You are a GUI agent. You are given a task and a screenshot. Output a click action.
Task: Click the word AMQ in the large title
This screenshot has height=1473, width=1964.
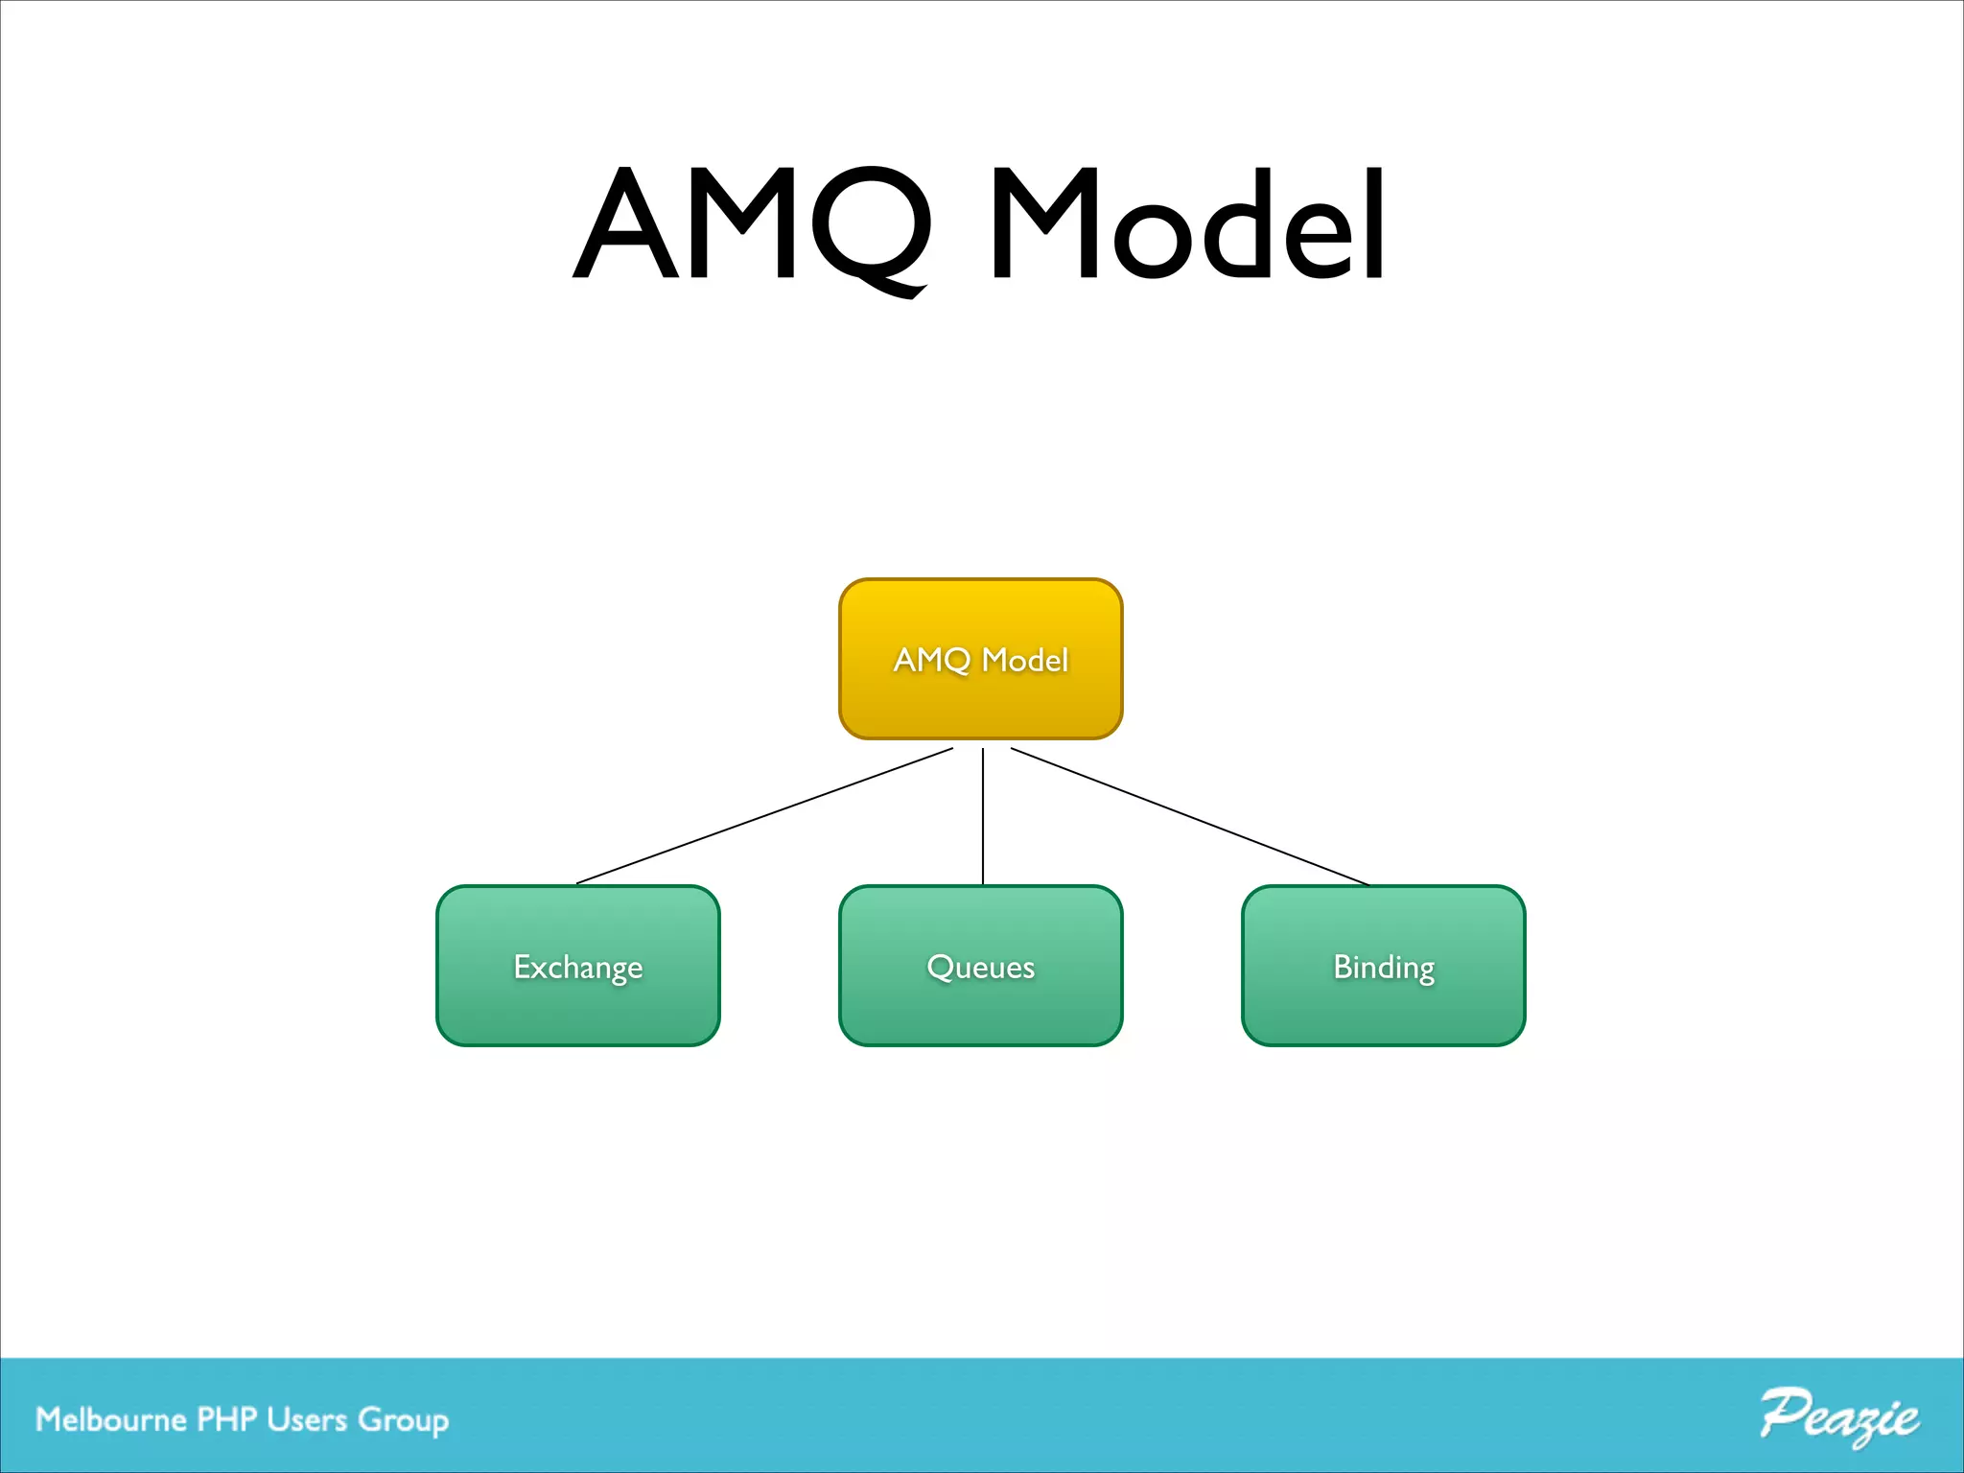(753, 225)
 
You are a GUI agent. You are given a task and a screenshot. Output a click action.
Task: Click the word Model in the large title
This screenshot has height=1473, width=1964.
(1187, 225)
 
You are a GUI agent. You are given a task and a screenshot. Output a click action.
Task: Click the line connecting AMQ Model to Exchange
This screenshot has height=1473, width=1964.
(764, 816)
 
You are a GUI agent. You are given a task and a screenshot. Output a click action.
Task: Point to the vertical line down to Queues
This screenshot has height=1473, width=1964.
(983, 815)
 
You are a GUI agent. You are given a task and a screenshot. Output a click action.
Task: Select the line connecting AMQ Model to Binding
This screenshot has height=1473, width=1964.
(1189, 816)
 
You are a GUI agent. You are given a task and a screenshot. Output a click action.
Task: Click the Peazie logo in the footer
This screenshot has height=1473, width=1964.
(1839, 1416)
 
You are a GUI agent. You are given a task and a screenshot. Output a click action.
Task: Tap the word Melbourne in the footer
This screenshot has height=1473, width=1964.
(110, 1419)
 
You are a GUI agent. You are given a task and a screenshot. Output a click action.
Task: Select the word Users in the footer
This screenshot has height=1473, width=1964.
(307, 1419)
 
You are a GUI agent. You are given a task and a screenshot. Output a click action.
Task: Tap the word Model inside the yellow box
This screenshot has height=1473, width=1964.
(1024, 660)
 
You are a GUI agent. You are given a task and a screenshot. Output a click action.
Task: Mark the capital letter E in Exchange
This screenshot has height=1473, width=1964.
(523, 966)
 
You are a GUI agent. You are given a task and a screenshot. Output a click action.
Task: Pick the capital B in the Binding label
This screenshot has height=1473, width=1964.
(1343, 966)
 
